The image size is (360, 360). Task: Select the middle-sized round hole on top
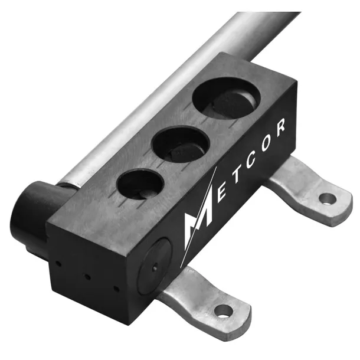pyautogui.click(x=181, y=143)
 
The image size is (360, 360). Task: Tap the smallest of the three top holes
pyautogui.click(x=140, y=184)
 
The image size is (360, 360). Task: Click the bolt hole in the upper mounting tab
pyautogui.click(x=327, y=199)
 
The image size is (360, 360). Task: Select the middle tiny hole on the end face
pyautogui.click(x=87, y=276)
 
